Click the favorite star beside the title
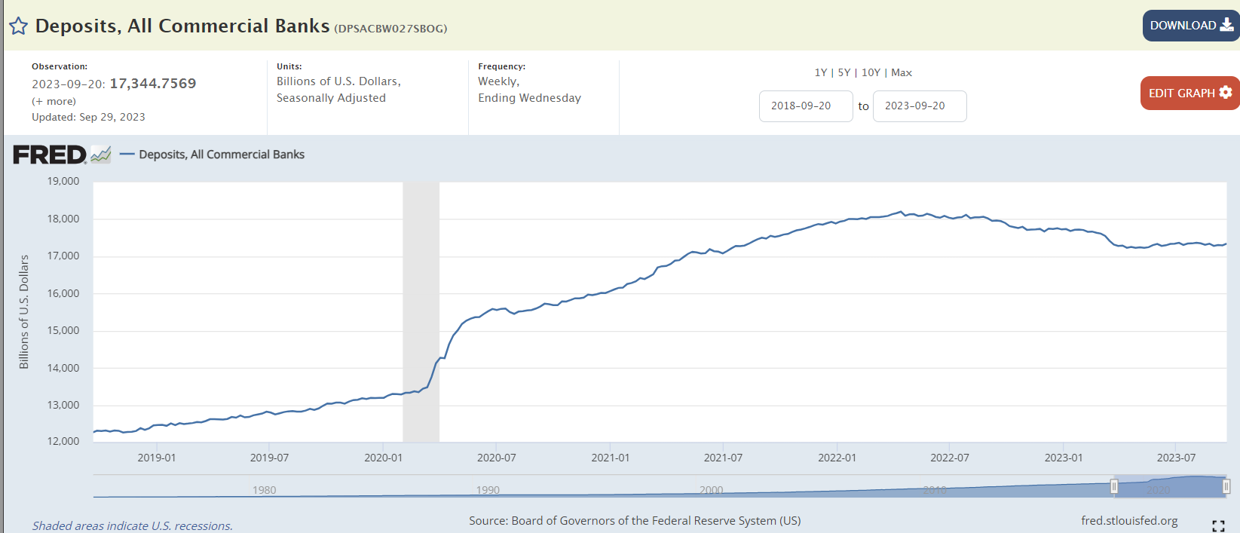click(x=18, y=26)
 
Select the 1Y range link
click(x=821, y=72)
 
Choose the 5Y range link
click(x=844, y=72)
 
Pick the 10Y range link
click(x=871, y=72)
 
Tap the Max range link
click(x=902, y=72)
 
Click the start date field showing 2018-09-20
click(x=805, y=106)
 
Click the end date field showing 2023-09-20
click(x=919, y=106)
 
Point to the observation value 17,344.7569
click(x=153, y=84)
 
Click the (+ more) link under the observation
click(x=54, y=101)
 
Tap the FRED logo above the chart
click(x=50, y=155)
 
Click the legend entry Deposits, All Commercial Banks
click(x=222, y=155)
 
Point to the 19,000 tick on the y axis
click(x=63, y=181)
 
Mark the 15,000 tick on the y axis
click(x=63, y=330)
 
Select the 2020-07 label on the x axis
click(x=496, y=458)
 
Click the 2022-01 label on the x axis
click(x=837, y=458)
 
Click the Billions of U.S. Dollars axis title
click(x=24, y=312)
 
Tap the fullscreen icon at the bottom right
click(x=1218, y=525)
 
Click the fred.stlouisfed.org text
click(x=1129, y=521)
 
